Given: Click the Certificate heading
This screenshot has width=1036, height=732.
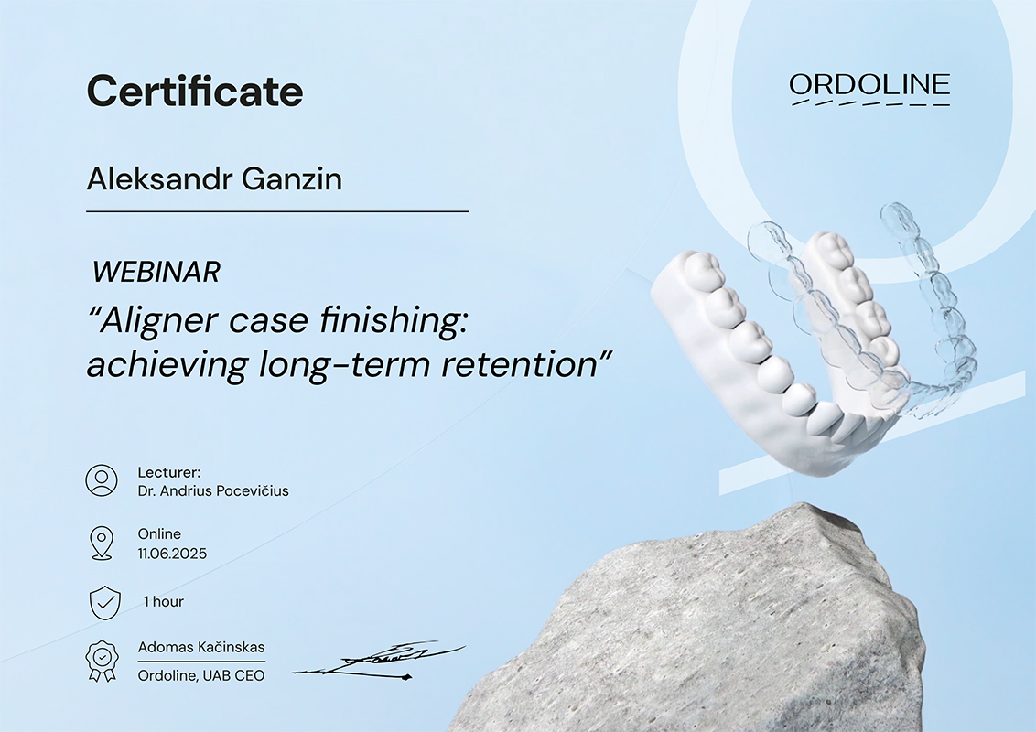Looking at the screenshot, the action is click(195, 91).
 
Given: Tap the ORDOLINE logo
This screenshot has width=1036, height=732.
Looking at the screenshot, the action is click(869, 89).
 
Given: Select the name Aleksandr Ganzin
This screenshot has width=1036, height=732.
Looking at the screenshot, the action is click(215, 179).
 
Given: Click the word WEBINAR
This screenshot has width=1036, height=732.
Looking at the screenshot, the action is click(156, 272).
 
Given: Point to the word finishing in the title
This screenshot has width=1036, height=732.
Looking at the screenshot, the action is click(394, 322).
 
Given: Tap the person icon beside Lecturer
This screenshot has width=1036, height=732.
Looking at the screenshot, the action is click(102, 480).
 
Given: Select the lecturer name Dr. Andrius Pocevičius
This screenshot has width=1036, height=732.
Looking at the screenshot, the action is click(213, 490).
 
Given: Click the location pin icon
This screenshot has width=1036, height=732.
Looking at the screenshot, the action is click(101, 544).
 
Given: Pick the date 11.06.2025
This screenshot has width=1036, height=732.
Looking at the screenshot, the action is click(172, 554).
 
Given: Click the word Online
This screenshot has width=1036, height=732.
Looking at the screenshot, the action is click(159, 533).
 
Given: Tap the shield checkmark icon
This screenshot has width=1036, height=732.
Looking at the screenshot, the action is click(105, 602).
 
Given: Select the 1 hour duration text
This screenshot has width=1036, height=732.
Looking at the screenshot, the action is click(164, 602).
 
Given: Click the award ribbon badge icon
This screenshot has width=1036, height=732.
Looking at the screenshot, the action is click(101, 660).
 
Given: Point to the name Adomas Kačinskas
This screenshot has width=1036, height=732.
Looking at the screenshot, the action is click(201, 648).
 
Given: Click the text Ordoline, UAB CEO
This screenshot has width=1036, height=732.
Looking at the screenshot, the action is click(200, 676).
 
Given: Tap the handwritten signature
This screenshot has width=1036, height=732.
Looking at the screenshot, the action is click(379, 661).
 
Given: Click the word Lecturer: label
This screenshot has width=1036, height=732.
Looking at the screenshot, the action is click(169, 472).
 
